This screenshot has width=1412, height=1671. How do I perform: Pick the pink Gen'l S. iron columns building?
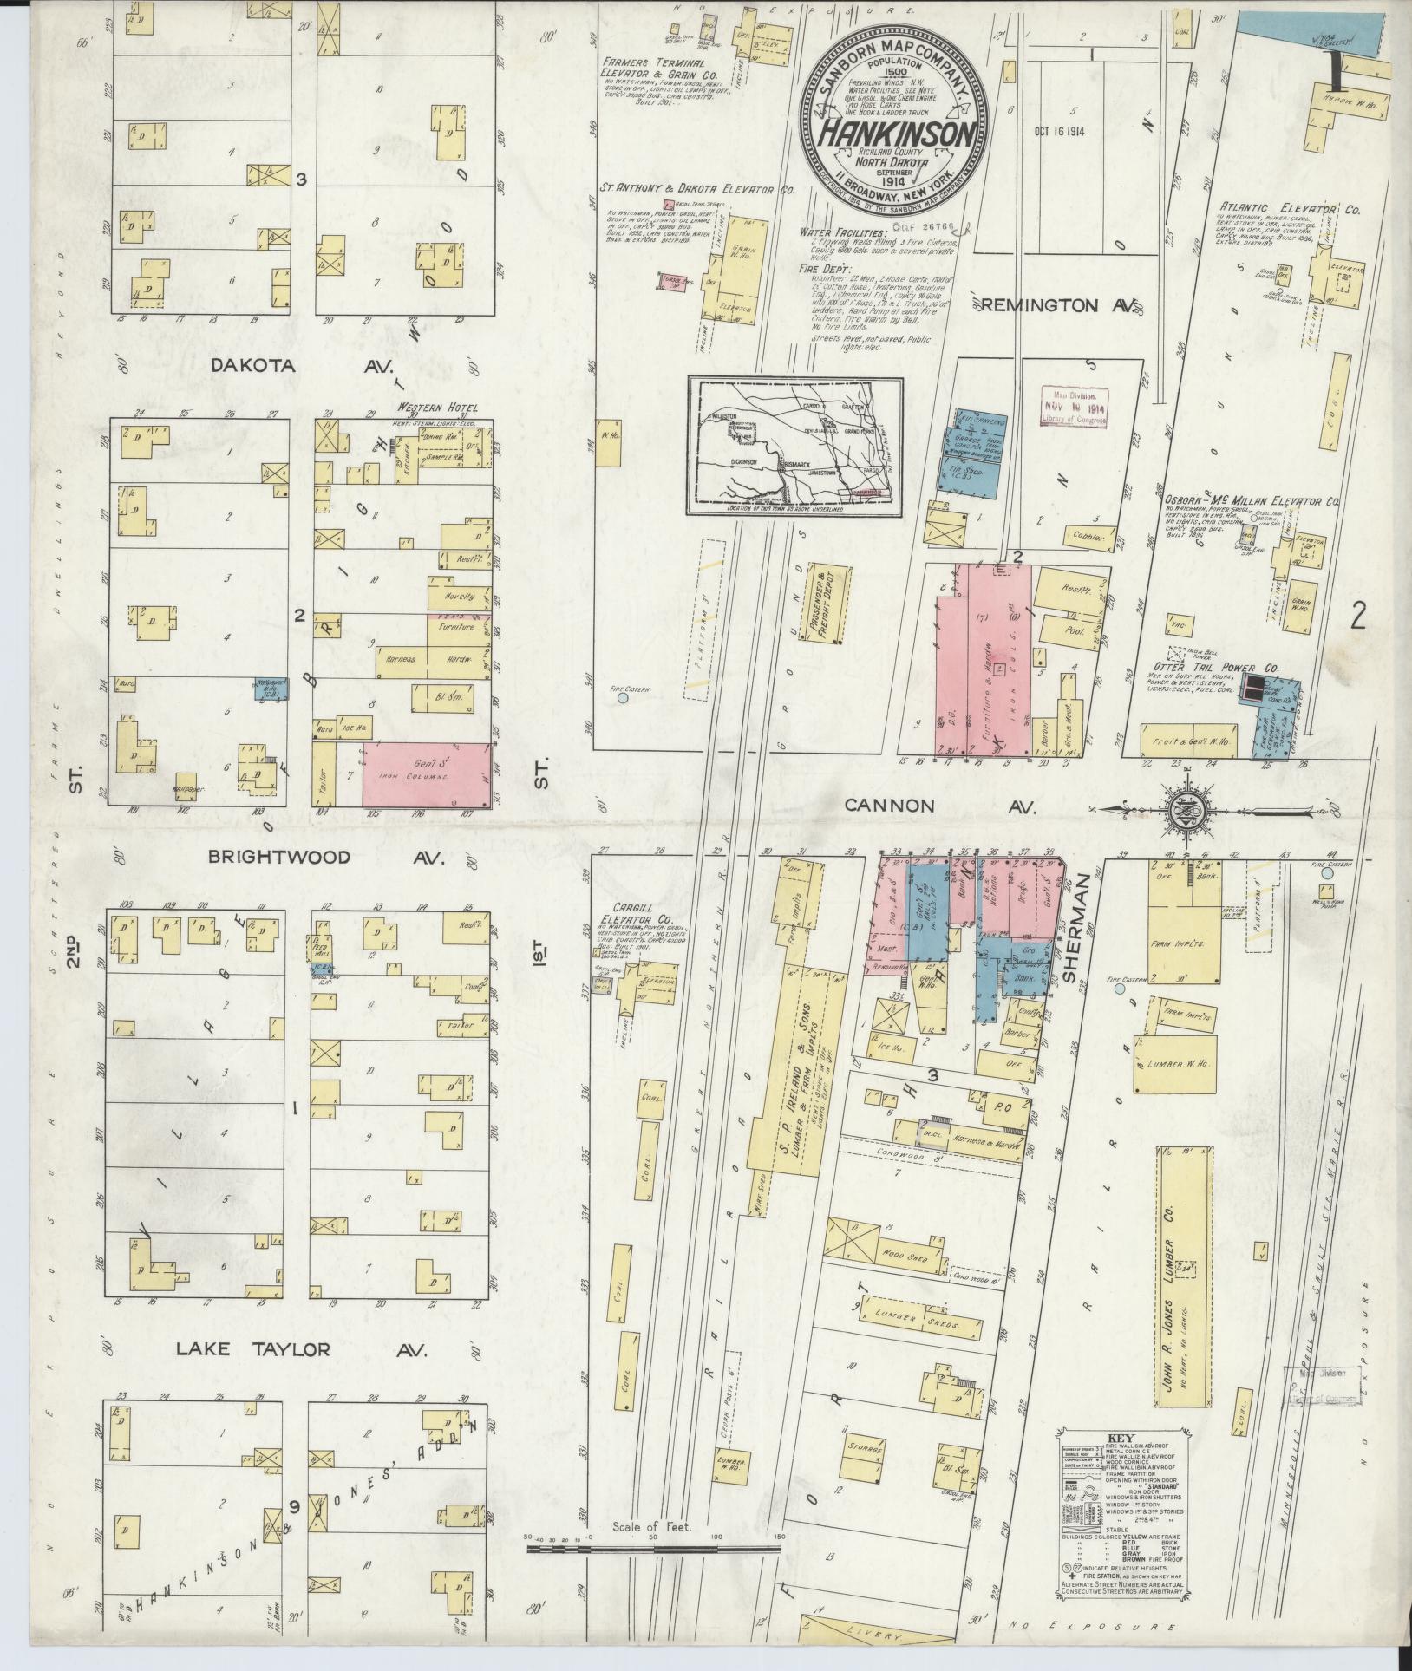(x=425, y=773)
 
